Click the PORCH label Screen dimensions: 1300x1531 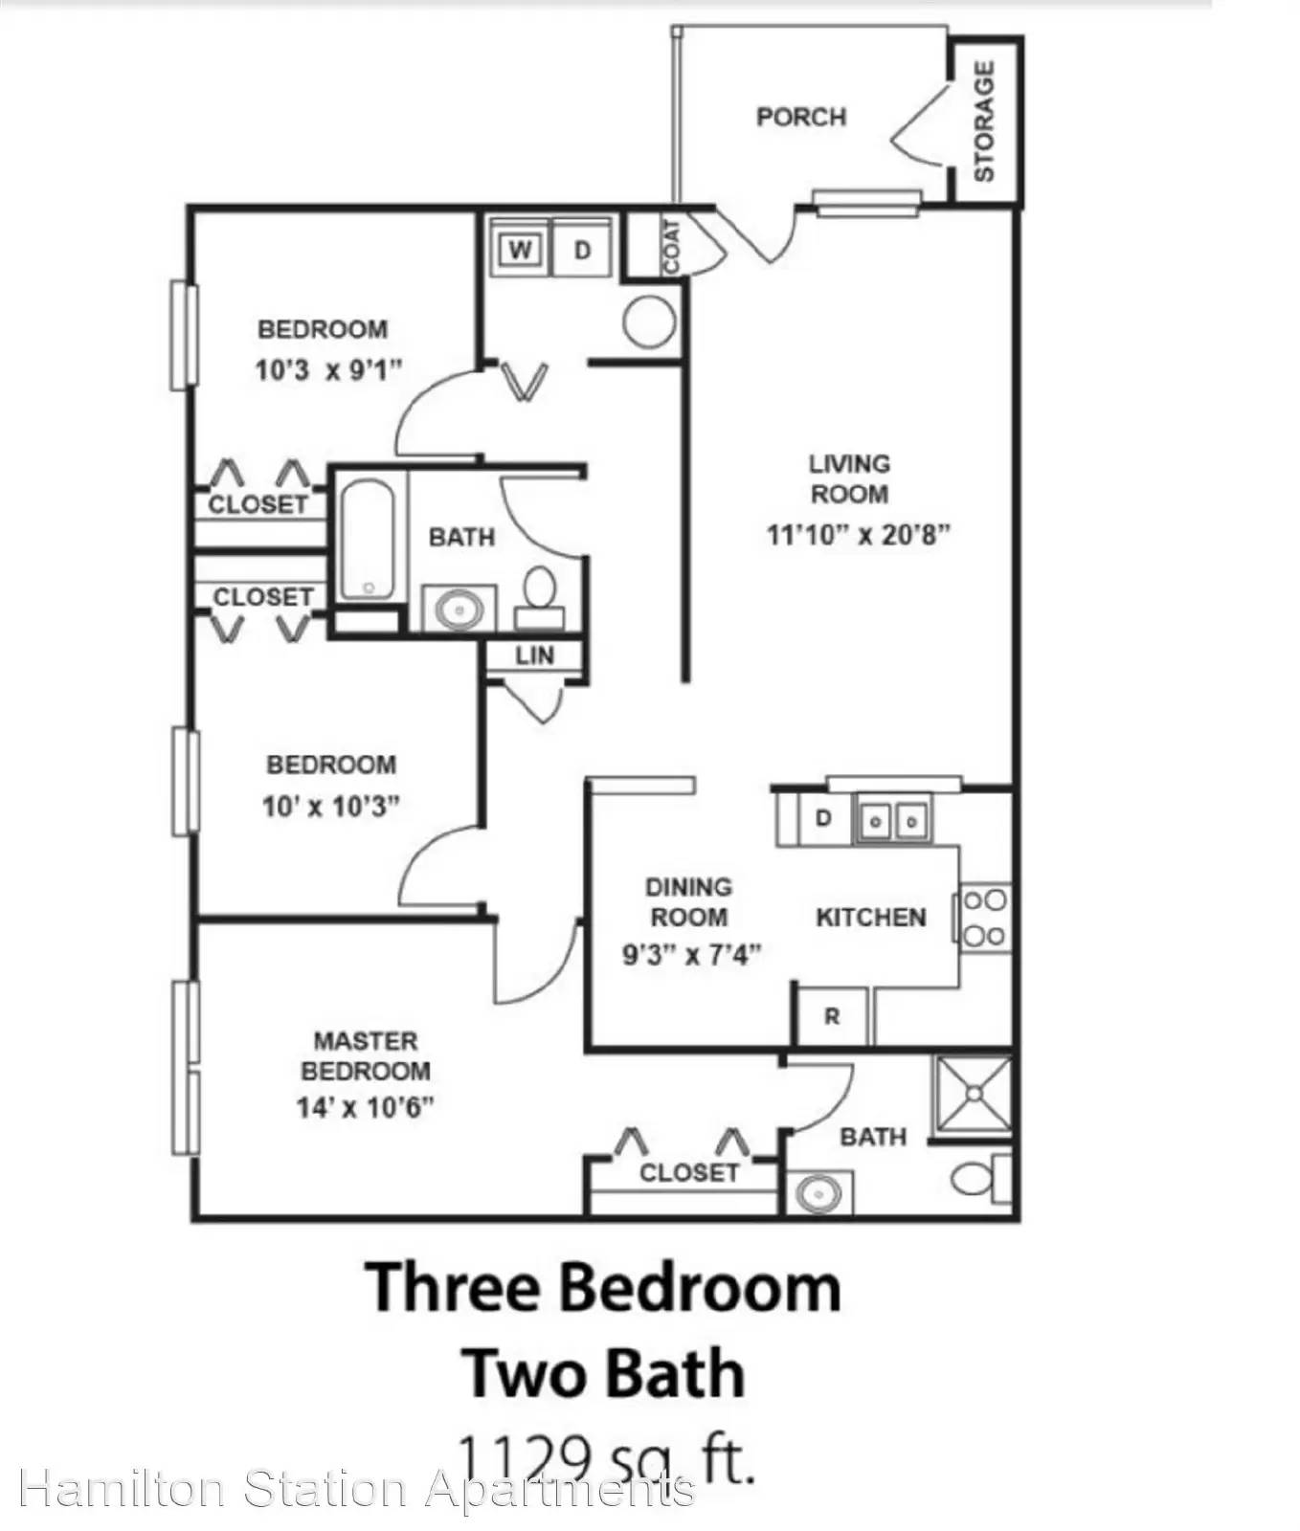click(801, 117)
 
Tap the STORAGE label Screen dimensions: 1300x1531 click(984, 121)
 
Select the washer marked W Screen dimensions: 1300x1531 click(520, 251)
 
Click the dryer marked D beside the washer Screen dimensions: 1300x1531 click(582, 251)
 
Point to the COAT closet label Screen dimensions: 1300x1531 click(672, 247)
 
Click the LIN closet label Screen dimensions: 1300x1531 click(534, 655)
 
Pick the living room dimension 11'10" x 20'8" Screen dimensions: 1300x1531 click(858, 534)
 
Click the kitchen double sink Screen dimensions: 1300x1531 click(892, 820)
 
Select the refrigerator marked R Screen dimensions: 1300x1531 click(832, 1016)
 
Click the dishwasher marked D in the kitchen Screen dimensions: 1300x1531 click(822, 819)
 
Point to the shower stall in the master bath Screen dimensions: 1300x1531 click(974, 1094)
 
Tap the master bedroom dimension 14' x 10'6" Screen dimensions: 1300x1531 click(366, 1107)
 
